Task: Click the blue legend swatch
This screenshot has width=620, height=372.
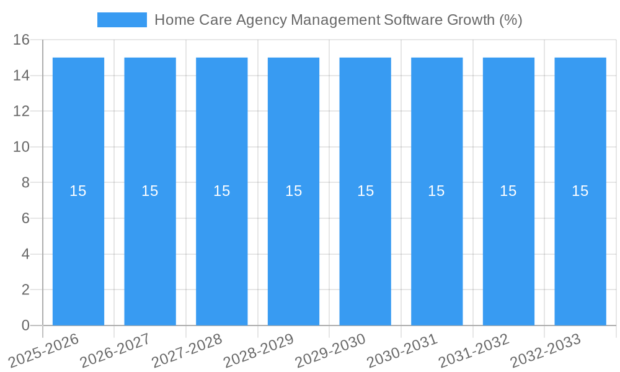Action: point(122,20)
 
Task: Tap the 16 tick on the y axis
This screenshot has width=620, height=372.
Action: point(21,40)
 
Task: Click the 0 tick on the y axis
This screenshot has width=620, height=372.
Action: point(25,325)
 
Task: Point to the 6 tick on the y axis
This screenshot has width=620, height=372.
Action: point(25,218)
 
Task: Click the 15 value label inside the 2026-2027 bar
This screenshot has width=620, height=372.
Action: point(150,191)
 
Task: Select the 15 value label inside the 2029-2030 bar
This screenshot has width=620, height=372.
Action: point(365,191)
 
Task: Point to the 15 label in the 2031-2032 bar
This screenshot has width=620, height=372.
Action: point(508,191)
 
